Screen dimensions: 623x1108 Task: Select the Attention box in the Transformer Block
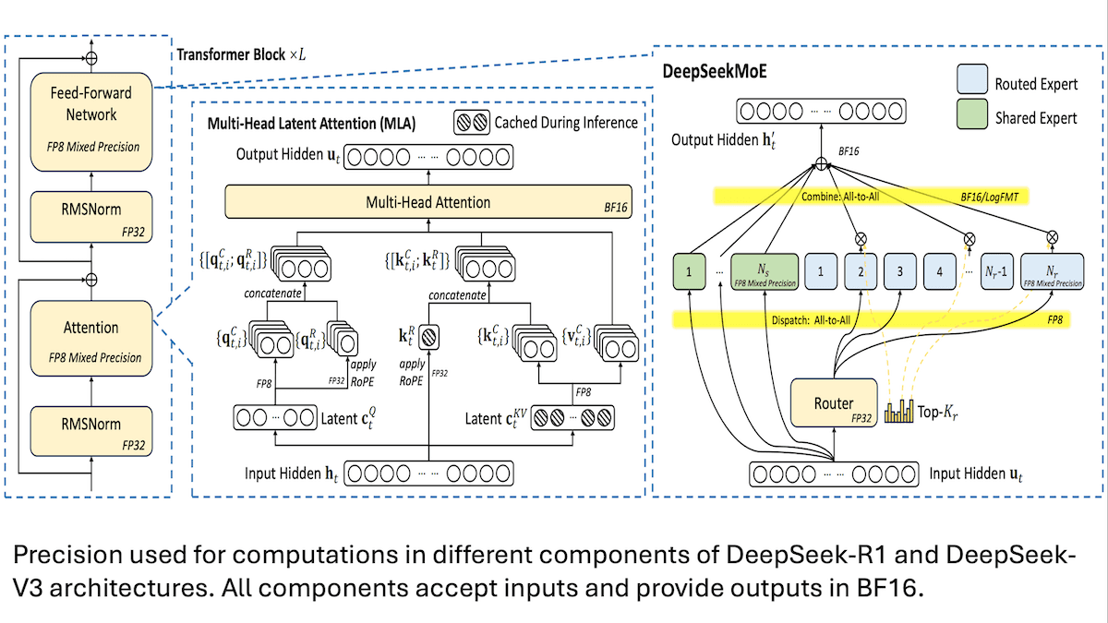point(90,338)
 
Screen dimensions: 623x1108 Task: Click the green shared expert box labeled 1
point(688,273)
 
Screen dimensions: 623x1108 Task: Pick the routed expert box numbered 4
point(938,273)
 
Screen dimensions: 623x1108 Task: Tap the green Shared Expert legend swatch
point(973,117)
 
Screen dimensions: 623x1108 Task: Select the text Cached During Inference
point(566,122)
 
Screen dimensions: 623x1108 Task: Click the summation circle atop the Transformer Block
point(90,56)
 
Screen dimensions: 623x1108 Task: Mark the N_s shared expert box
point(763,273)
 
